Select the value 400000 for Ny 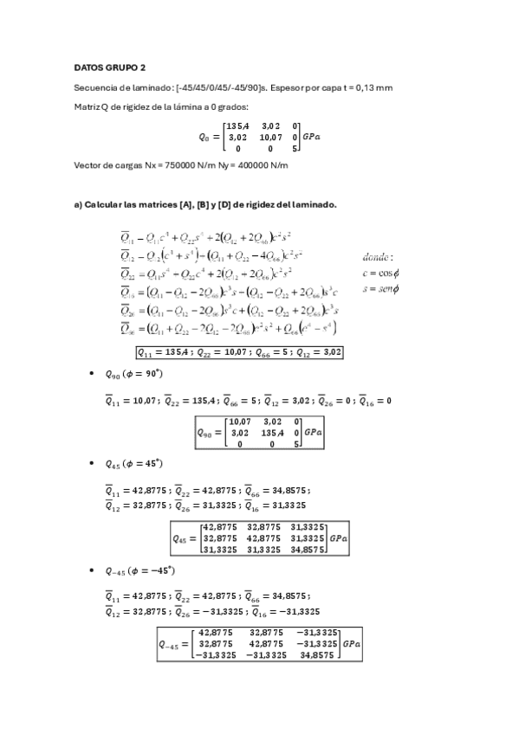262,165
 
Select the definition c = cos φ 380,273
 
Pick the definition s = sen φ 380,287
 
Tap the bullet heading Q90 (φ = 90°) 133,374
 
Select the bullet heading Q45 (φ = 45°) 133,464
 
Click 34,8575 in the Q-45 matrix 318,655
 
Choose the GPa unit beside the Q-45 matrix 353,644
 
